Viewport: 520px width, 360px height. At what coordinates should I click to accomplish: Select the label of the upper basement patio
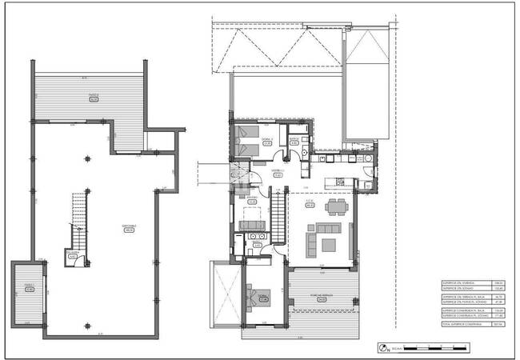94,98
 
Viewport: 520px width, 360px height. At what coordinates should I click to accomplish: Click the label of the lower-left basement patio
29,288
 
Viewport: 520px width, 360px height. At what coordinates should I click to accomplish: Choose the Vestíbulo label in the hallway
278,172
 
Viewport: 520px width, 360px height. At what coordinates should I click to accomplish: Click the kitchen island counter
337,186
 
